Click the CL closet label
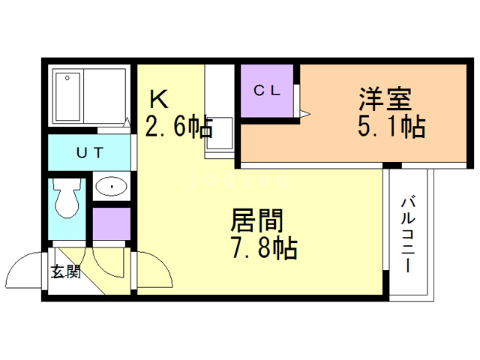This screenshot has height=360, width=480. (x=267, y=90)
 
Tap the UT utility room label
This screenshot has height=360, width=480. (x=90, y=152)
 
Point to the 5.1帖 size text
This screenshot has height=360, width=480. (x=391, y=126)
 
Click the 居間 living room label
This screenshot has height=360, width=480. (x=256, y=220)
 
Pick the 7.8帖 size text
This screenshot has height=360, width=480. (x=264, y=247)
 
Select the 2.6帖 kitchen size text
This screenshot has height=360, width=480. (x=178, y=125)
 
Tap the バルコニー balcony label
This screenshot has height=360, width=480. (x=408, y=235)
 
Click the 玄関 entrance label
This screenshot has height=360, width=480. (x=66, y=271)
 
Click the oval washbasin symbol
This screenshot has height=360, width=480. (x=112, y=186)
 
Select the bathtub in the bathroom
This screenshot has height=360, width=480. (x=68, y=97)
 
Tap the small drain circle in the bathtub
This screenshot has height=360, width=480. (x=67, y=78)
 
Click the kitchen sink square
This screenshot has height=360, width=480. (x=219, y=133)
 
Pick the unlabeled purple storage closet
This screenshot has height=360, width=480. (x=112, y=224)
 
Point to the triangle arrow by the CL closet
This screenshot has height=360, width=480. (x=305, y=115)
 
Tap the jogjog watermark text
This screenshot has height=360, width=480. (x=239, y=181)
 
